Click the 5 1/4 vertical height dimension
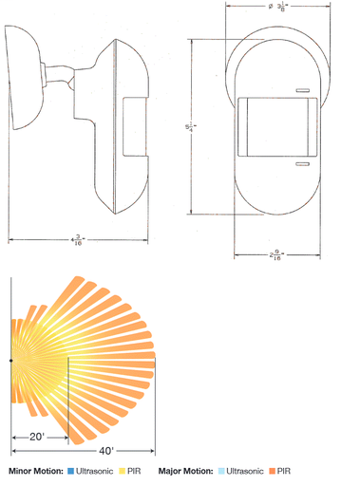coord(199,119)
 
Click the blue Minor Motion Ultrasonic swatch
coord(70,471)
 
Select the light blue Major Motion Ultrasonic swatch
coord(219,471)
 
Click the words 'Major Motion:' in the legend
coord(186,471)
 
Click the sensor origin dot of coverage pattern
coord(10,361)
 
